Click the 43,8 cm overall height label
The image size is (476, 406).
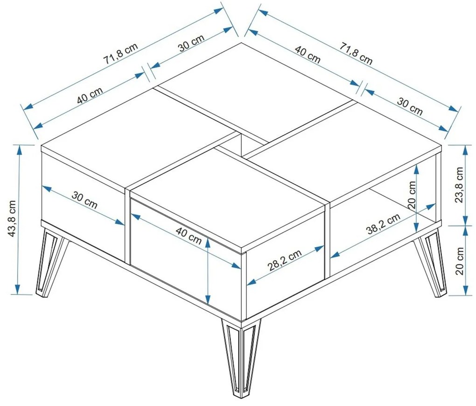point(12,218)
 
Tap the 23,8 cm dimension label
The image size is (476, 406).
point(460,185)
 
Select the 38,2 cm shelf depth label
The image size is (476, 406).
point(384,224)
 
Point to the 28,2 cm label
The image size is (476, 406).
point(285,260)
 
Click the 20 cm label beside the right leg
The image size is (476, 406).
point(460,261)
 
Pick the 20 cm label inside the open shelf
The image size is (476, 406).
point(412,194)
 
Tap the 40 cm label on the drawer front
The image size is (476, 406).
point(189,236)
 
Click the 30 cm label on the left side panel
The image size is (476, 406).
point(84,200)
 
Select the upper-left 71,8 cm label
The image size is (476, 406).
point(120,53)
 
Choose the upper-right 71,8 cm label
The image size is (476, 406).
point(356,54)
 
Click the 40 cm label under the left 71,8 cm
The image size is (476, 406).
point(90,95)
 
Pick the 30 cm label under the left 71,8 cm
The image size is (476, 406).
point(191,43)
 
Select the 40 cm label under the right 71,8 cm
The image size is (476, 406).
point(308,55)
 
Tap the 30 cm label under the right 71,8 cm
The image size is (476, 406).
point(410,107)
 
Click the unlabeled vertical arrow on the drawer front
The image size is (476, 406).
point(208,271)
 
